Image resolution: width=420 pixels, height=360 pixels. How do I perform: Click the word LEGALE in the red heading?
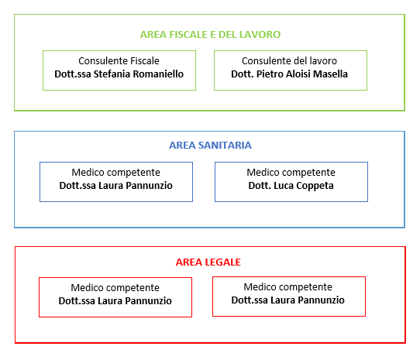(223, 262)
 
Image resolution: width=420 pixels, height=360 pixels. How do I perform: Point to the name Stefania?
(112, 74)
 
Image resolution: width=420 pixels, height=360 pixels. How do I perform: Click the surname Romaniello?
(158, 74)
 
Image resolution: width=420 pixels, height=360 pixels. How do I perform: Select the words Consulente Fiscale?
(119, 61)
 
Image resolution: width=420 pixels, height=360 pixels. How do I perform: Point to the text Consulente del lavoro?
(289, 61)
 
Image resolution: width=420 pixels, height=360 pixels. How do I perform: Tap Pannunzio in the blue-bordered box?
(149, 186)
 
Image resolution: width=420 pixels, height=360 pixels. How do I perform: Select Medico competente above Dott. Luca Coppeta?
(291, 173)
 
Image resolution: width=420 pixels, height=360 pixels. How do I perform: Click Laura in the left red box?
(110, 301)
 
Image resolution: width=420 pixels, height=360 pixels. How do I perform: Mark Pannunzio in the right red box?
(321, 300)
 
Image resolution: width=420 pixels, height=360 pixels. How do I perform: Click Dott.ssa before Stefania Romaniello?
(73, 74)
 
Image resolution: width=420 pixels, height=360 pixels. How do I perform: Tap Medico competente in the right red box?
(288, 287)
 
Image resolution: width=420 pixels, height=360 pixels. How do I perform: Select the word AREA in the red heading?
(189, 262)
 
